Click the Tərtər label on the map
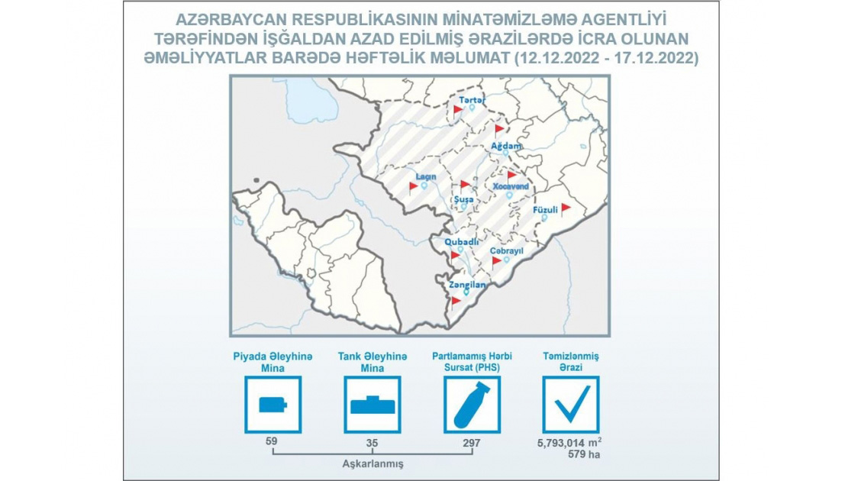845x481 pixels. (472, 100)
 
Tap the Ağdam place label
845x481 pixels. (506, 146)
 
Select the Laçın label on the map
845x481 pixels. (426, 176)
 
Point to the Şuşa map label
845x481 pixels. (463, 199)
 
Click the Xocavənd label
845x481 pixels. (511, 186)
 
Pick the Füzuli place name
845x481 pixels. (545, 210)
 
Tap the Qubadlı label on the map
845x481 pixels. (461, 242)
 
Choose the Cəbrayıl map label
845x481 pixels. (507, 251)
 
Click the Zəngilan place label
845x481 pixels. (468, 286)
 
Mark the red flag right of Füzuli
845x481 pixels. (566, 209)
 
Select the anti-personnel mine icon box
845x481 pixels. (273, 405)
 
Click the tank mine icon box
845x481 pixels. (373, 405)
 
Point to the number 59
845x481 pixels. (271, 441)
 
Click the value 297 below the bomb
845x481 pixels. (472, 444)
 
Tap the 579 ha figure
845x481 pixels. (584, 454)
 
